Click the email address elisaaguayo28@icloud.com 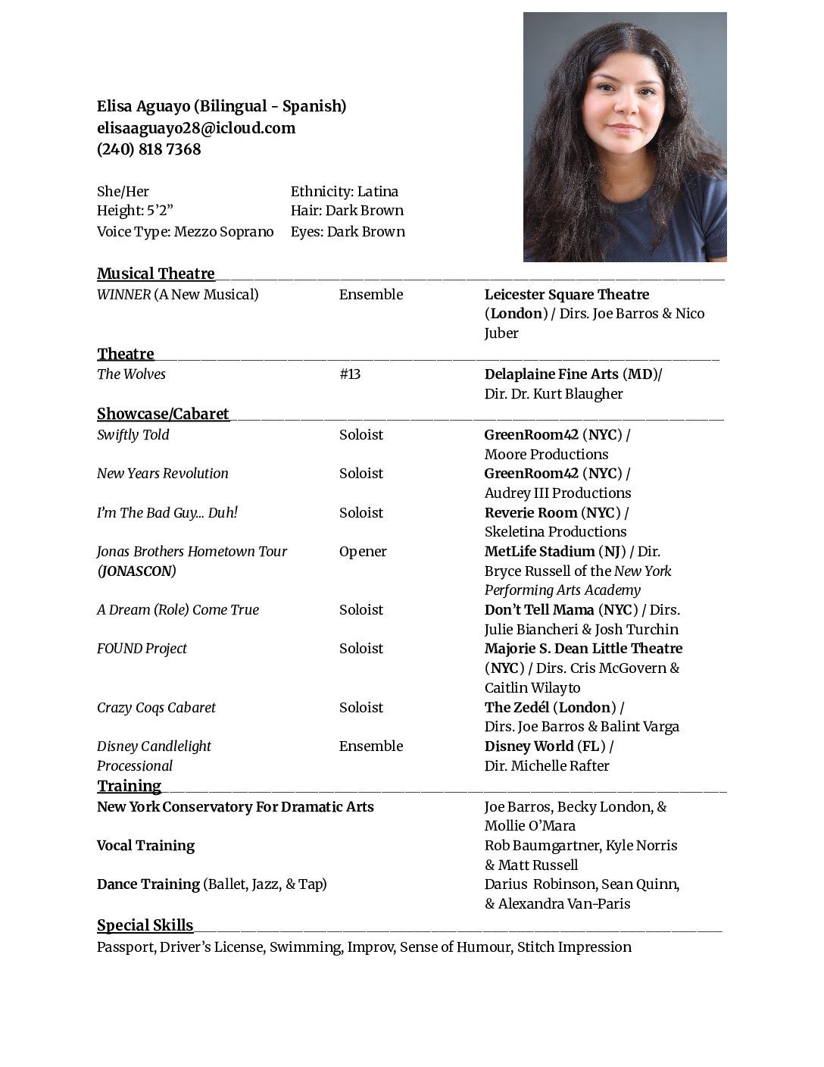196,128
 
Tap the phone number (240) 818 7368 149,149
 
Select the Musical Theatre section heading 156,274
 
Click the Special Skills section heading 145,925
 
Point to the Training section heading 129,786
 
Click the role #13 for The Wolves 350,374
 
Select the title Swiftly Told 133,435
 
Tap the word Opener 363,552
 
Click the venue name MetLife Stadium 539,552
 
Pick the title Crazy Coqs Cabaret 156,708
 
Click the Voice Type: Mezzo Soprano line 185,232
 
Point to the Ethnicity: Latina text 345,192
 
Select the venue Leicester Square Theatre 566,295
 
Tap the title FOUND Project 142,649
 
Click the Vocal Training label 145,846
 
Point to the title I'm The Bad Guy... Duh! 167,513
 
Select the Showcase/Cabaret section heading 163,414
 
